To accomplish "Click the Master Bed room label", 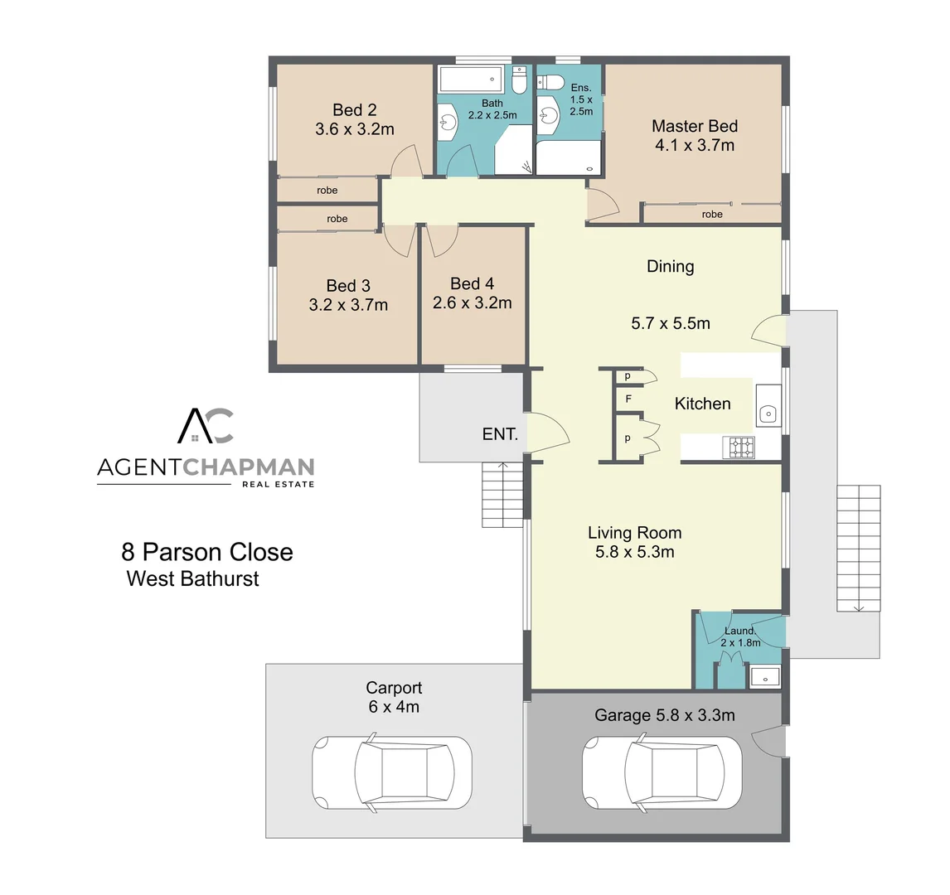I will pos(694,126).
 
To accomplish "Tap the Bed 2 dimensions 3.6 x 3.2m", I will pos(355,129).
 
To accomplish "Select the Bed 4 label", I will pos(472,283).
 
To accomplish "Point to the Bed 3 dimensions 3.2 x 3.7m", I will pos(348,305).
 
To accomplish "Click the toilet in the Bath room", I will pos(519,81).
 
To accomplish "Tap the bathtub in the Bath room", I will pos(470,80).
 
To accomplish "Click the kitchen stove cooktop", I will pos(740,447).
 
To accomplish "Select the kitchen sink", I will pos(768,412).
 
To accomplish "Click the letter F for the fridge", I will pos(628,399).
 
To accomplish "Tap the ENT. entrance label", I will pos(500,434).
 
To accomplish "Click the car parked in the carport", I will pos(391,770).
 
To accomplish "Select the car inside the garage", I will pos(662,771).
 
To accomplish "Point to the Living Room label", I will pos(634,533).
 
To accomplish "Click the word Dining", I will pos(670,266).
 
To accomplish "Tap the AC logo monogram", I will pos(206,426).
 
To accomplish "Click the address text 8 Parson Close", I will pos(207,552).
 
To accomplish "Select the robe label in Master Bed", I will pos(711,214).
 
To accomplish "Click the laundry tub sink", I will pos(764,677).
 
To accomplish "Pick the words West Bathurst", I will pos(192,578).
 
